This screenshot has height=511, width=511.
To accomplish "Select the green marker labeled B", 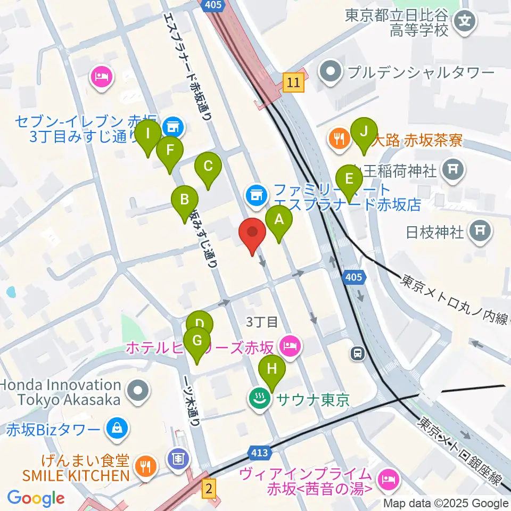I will [184, 201].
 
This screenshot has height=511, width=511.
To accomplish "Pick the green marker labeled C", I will [208, 167].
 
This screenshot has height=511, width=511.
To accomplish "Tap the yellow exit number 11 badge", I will [293, 83].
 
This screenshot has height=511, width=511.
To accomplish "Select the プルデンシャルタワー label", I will [421, 72].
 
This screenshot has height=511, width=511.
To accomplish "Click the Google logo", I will [36, 498].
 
